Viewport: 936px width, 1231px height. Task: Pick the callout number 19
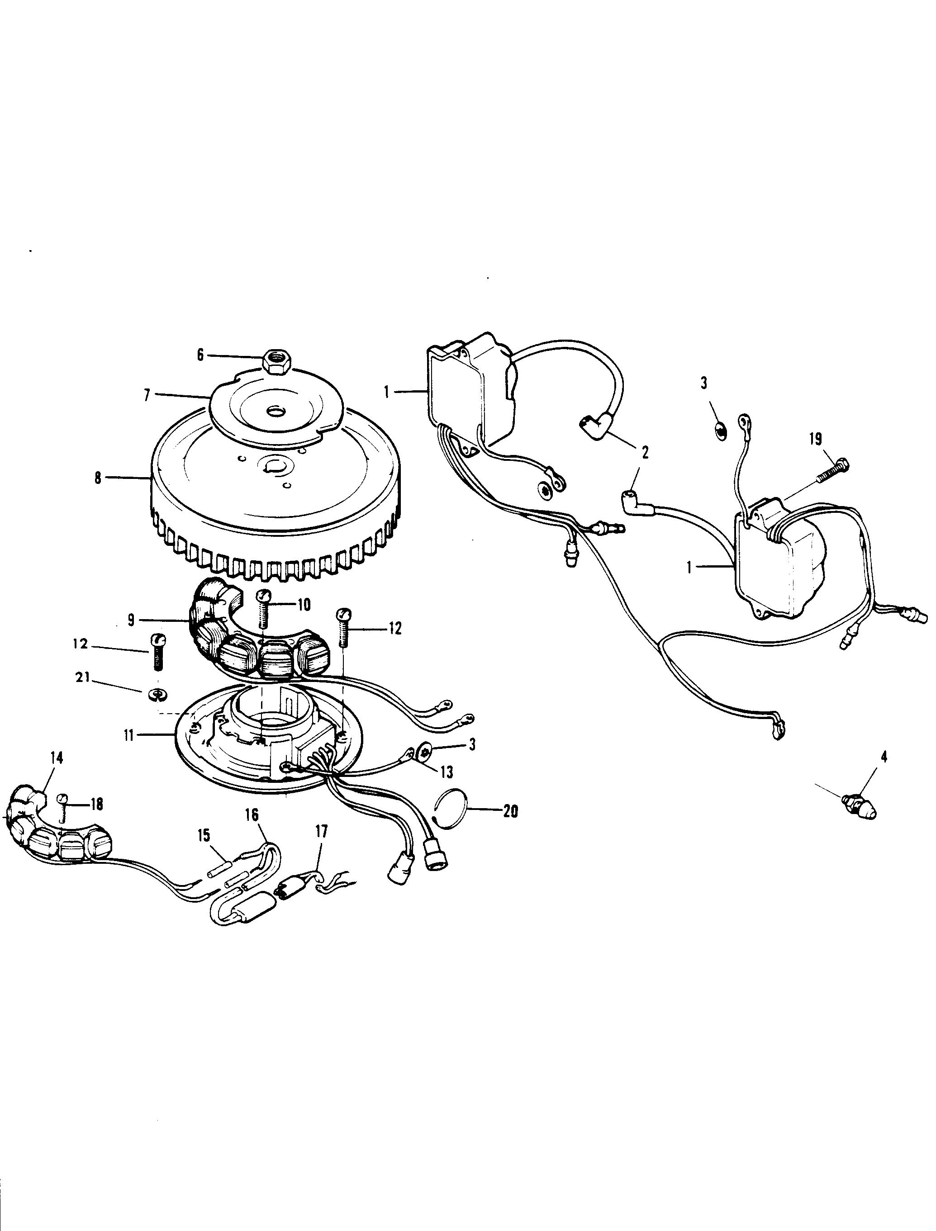815,439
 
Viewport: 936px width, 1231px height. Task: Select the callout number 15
204,835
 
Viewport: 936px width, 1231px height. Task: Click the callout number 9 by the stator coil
132,620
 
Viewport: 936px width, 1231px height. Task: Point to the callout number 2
645,452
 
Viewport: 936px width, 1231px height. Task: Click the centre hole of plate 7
275,412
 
